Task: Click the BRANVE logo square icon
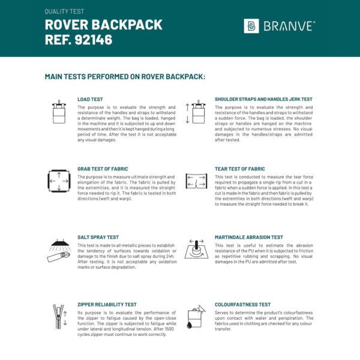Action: [251, 26]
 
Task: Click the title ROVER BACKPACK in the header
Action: [103, 25]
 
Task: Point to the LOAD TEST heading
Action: [90, 99]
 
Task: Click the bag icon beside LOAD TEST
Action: [59, 112]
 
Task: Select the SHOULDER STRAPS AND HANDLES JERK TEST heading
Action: [263, 99]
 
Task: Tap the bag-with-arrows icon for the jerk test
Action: [196, 112]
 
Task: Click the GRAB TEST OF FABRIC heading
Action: [103, 169]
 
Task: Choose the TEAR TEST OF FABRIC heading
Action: [240, 169]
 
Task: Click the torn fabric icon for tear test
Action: [196, 180]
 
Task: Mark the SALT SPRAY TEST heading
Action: [99, 237]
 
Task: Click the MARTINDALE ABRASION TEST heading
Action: [248, 237]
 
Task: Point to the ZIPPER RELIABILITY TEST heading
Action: [107, 305]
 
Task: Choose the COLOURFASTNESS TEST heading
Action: [242, 305]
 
